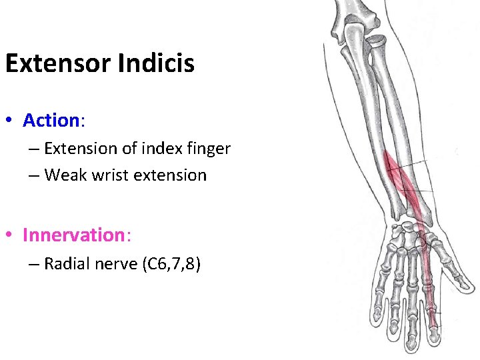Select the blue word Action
(51, 121)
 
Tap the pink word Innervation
(73, 235)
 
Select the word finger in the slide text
(206, 149)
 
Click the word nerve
(115, 264)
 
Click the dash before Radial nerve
(35, 264)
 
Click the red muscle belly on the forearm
(400, 177)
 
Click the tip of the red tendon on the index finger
(434, 327)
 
